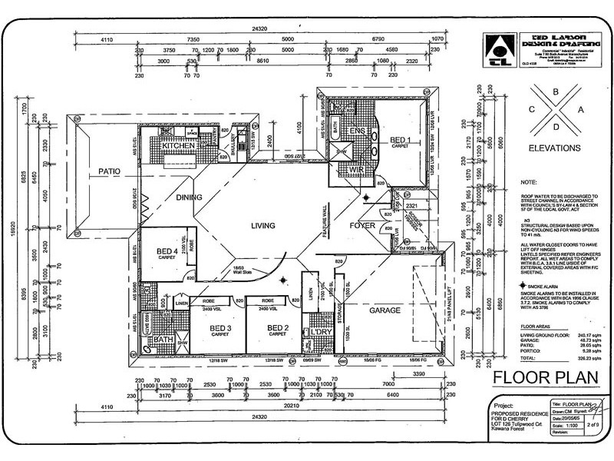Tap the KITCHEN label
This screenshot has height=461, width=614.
click(179, 145)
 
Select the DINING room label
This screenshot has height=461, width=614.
click(189, 197)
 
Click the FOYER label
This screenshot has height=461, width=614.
click(362, 226)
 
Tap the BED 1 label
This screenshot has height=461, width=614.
click(401, 140)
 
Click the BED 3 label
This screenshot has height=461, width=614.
click(220, 328)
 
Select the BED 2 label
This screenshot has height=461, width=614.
click(277, 328)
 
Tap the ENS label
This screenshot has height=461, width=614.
click(356, 131)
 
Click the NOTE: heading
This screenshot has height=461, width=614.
click(528, 184)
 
